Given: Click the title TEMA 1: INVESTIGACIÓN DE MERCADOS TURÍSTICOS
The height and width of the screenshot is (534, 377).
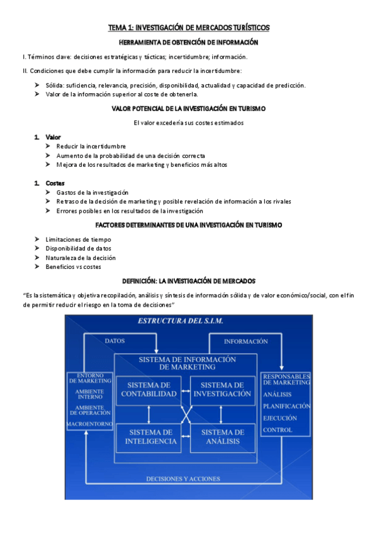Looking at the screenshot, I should (x=188, y=27).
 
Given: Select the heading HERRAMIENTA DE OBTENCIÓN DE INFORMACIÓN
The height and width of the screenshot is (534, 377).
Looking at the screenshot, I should (x=188, y=42).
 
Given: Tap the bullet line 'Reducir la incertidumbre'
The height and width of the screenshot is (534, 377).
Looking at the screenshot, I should (x=91, y=146).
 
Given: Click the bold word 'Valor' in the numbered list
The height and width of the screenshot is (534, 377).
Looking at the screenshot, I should (x=53, y=137).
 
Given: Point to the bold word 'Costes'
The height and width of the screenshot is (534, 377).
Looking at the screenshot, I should (x=55, y=183).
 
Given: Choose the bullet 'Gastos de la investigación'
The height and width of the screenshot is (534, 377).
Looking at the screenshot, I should (x=92, y=192).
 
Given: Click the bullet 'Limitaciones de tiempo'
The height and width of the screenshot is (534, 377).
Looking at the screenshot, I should (x=78, y=239).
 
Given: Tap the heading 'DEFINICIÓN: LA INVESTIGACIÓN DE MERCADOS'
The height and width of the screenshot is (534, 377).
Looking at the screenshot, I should (x=188, y=280).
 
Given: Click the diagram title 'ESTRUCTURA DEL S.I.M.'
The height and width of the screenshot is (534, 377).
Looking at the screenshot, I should (x=180, y=321).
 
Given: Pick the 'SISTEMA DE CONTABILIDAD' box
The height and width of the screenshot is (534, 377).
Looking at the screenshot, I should (x=148, y=389).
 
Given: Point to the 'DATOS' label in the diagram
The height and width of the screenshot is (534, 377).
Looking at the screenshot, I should (x=115, y=341).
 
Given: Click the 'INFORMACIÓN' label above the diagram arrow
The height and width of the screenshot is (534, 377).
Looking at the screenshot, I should (x=246, y=341).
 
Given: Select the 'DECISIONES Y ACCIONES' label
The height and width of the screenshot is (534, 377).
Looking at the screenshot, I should (x=183, y=479).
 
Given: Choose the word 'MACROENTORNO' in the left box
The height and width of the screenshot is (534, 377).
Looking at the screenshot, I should (x=89, y=424).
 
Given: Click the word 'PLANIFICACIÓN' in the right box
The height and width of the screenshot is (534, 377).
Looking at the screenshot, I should (x=287, y=406).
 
